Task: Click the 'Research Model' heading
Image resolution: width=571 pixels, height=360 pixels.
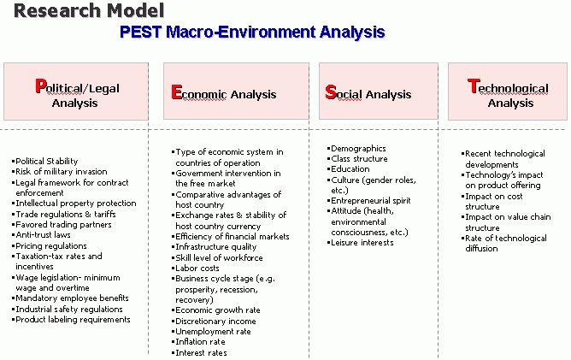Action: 89,10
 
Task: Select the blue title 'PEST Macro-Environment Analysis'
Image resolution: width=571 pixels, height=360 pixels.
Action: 252,32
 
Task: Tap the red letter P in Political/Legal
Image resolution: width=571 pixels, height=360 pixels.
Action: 41,86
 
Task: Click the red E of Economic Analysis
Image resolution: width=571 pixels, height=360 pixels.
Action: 177,92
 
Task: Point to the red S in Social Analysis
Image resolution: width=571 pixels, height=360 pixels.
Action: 331,92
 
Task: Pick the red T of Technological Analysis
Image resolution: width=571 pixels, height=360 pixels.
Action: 473,86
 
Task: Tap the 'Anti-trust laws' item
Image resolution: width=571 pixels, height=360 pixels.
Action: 43,235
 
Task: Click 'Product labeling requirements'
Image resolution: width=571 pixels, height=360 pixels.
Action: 73,320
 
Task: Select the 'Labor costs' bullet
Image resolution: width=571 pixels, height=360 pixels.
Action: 197,269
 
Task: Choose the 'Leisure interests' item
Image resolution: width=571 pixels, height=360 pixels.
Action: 362,243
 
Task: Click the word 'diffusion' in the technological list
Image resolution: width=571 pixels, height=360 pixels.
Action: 481,249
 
